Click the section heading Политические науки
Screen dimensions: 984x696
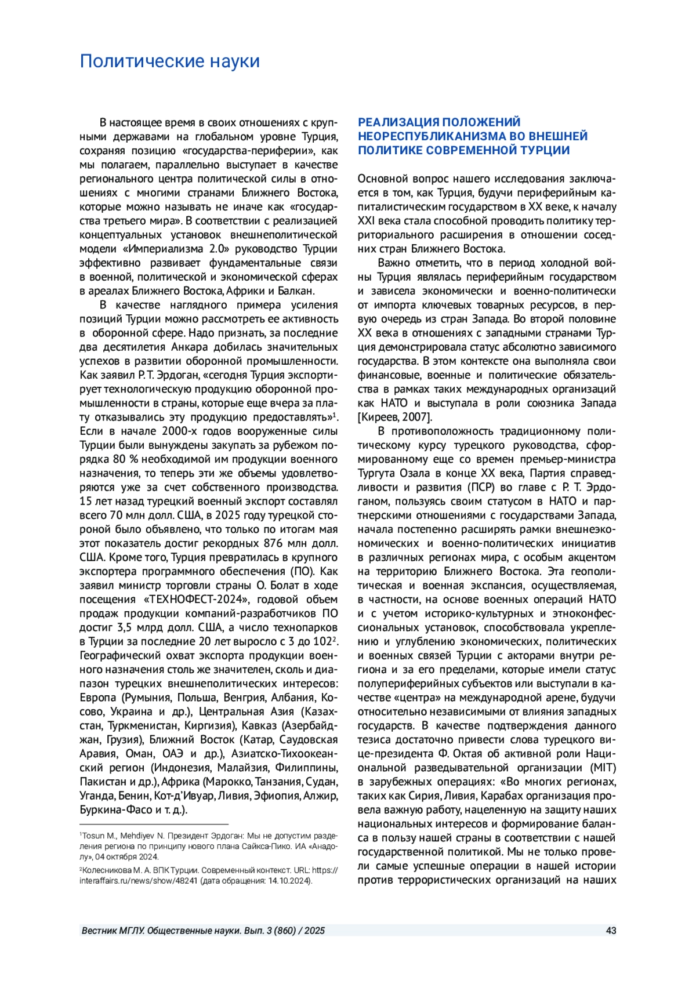tap(169, 61)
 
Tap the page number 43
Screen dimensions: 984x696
tap(611, 931)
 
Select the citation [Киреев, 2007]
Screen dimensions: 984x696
tap(394, 417)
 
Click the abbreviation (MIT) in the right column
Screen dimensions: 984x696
tap(603, 768)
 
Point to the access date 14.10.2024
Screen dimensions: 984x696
tap(288, 881)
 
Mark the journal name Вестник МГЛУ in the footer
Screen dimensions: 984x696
tap(113, 931)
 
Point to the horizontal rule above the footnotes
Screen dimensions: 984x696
tap(154, 824)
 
